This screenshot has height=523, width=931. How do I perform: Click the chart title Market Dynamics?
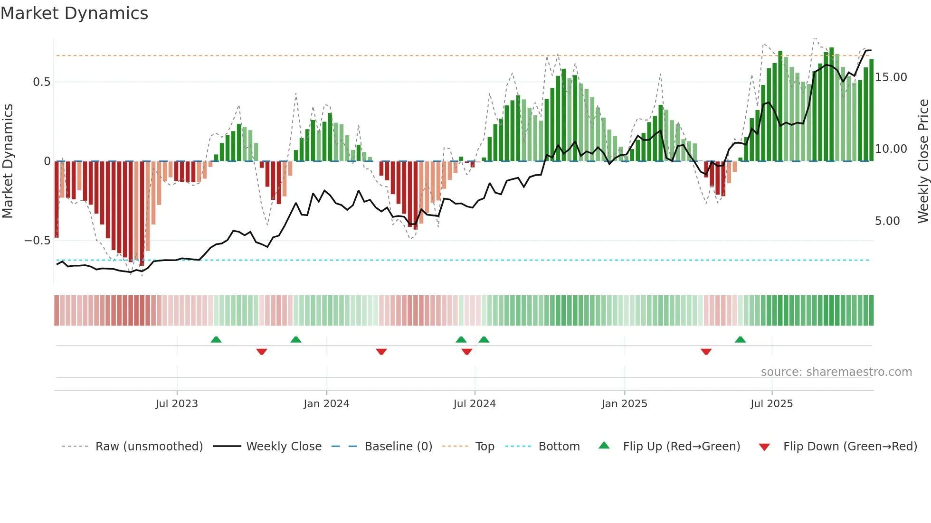pos(74,13)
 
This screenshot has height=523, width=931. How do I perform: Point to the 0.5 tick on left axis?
pos(41,82)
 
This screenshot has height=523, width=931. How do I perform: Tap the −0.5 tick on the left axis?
pos(37,241)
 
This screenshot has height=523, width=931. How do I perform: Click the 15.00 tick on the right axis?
pos(891,77)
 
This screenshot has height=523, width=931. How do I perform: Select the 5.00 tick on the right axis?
pos(887,221)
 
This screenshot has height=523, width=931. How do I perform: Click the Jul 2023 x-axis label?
pos(177,404)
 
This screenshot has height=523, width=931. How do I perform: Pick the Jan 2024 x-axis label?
pos(326,404)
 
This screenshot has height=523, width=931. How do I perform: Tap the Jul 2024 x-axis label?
pos(475,404)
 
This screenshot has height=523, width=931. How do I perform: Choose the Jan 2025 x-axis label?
pos(624,404)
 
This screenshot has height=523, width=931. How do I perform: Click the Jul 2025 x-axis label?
pos(771,404)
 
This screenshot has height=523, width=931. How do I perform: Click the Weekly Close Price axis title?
pos(923,161)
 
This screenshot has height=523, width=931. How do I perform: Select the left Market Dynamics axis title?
pos(8,161)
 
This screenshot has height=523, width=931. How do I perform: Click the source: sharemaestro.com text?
pos(836,372)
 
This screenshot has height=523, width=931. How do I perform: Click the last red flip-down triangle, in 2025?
pos(706,352)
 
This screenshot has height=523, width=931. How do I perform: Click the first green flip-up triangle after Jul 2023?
pos(216,339)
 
